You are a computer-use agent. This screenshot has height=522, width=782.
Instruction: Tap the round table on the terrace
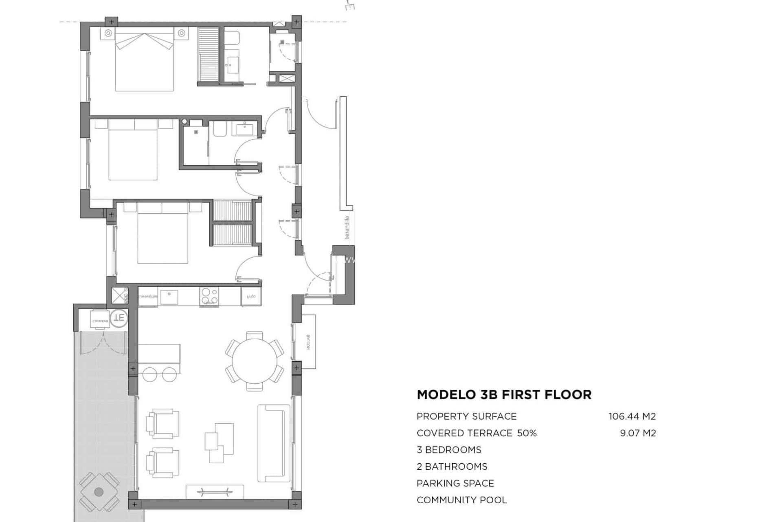pos(99,492)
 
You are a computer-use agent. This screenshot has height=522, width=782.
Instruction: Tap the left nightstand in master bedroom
pos(108,33)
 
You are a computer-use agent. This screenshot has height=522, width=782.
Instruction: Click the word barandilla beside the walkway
pos(347,227)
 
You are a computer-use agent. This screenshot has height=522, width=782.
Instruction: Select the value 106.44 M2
pos(632,416)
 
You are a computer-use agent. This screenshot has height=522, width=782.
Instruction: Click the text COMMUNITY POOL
pos(461,500)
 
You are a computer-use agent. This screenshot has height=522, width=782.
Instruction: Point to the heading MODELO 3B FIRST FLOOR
pos(504,395)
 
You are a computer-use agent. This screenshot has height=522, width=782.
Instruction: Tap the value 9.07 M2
pos(638,433)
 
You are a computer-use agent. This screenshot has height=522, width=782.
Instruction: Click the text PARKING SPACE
pos(455,483)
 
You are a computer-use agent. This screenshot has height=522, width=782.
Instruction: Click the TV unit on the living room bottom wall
pos(215,491)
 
